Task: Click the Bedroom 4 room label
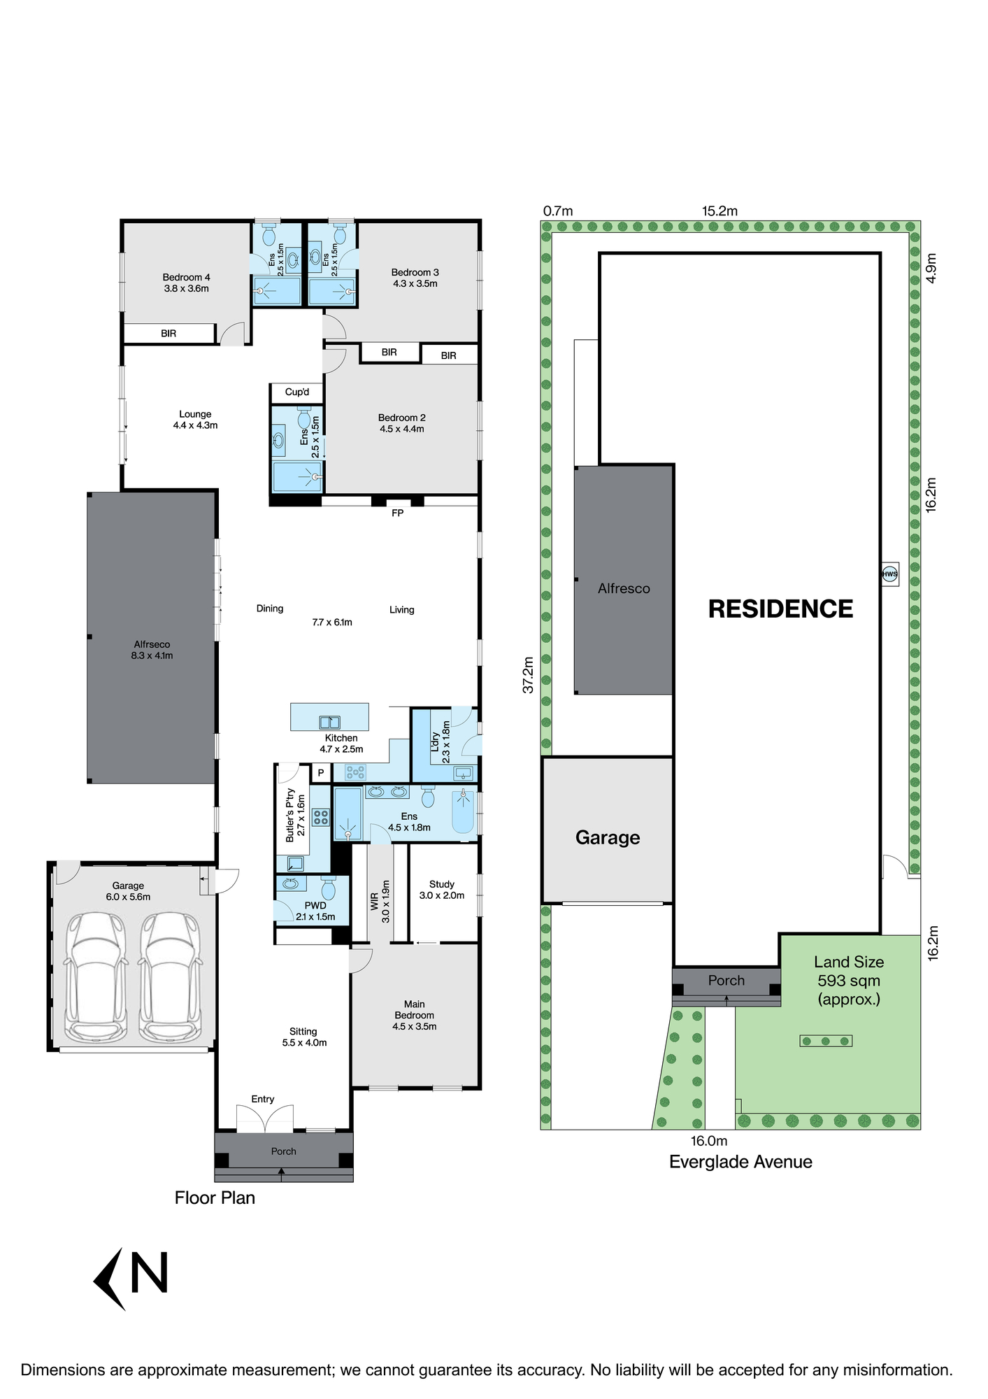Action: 186,283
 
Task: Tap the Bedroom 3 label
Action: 415,278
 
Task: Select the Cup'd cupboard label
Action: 297,392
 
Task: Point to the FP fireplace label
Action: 398,513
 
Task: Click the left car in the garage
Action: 96,977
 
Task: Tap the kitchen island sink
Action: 329,722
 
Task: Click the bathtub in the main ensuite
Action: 463,811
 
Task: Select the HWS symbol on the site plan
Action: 889,574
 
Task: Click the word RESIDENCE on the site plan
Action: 780,609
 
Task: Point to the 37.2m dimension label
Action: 529,675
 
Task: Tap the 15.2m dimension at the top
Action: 719,211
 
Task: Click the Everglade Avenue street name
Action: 740,1162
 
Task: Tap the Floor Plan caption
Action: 215,1198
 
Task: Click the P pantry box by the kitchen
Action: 321,773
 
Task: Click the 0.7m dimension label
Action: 558,211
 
